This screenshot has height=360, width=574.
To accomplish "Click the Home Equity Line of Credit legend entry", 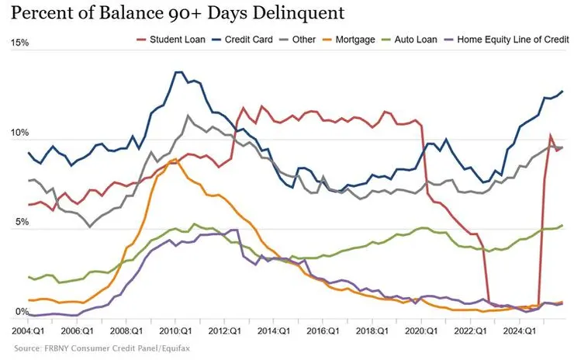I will click(x=505, y=38).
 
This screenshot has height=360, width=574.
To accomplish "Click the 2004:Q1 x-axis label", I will click(x=29, y=330).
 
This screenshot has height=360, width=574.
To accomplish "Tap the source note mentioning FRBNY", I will click(x=101, y=348).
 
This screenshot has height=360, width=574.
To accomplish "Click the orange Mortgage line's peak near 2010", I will click(x=175, y=159).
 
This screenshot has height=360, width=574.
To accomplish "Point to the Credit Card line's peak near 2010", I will click(x=178, y=72).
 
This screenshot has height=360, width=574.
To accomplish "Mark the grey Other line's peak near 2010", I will click(x=188, y=116).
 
